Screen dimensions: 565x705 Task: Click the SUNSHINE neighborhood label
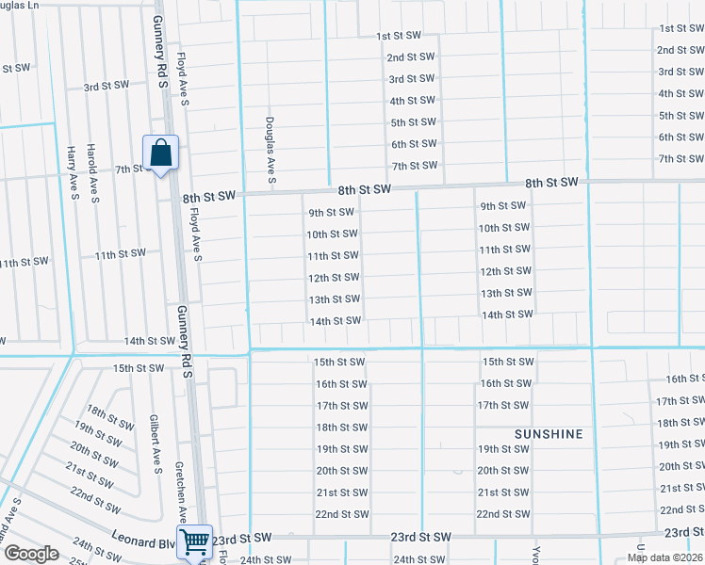pos(549,434)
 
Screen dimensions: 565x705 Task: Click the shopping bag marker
pos(160,152)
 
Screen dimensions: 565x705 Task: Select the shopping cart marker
pos(194,541)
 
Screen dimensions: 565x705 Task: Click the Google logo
pos(31,554)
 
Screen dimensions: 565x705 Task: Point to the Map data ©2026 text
pos(664,557)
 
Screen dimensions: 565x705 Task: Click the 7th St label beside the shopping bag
pos(128,169)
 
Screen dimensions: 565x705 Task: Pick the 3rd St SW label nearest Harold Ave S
pos(106,86)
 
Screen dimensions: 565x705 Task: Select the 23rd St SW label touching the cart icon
pos(241,538)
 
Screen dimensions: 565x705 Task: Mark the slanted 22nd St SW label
pos(94,501)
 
